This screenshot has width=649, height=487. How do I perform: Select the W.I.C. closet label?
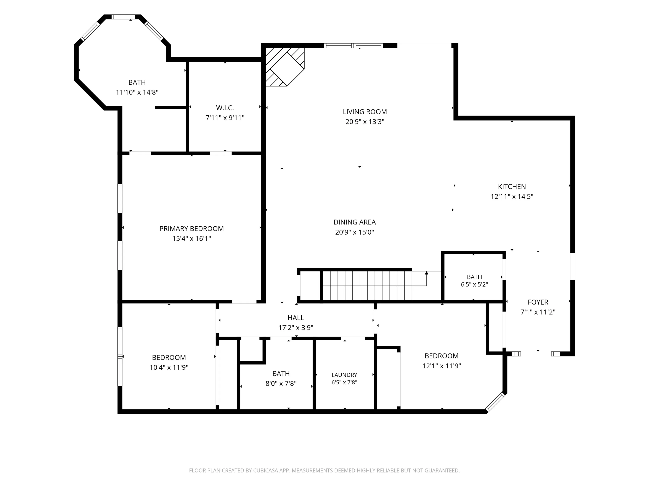click(x=225, y=108)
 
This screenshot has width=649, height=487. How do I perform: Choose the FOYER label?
click(x=538, y=302)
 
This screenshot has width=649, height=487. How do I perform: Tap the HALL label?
click(x=296, y=318)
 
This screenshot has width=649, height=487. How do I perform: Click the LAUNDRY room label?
click(x=344, y=375)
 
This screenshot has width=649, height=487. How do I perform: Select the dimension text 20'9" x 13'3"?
click(x=365, y=121)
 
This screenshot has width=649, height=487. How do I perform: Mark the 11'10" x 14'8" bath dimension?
click(x=137, y=92)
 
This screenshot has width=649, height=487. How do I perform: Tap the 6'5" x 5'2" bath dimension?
click(x=474, y=284)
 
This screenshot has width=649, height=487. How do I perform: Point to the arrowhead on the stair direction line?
click(x=426, y=273)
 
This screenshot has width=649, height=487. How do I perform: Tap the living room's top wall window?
click(x=353, y=45)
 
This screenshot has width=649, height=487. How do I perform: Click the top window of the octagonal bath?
click(x=124, y=17)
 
